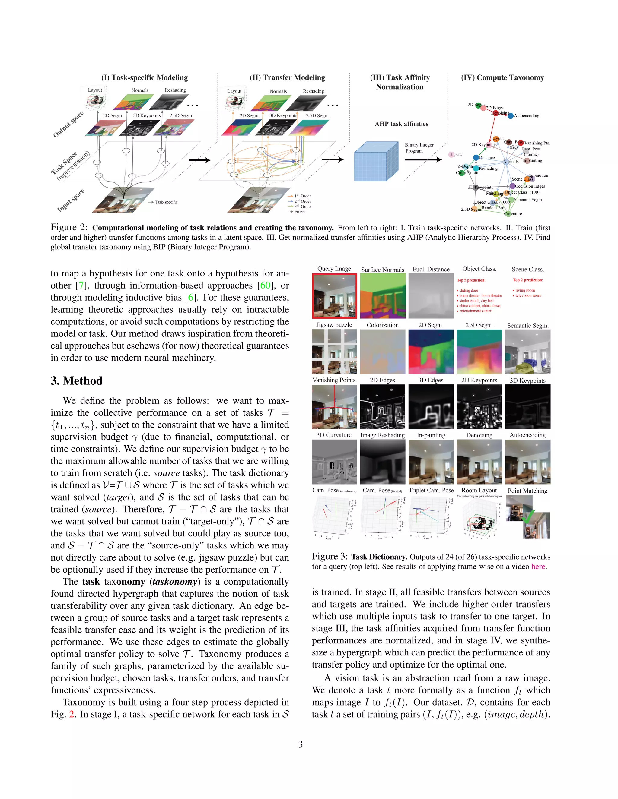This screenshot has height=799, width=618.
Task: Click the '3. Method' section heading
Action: click(x=77, y=381)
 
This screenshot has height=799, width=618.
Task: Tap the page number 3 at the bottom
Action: click(x=300, y=744)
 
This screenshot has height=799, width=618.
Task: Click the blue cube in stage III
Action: click(x=376, y=161)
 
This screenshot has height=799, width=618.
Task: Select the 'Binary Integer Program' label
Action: click(x=419, y=148)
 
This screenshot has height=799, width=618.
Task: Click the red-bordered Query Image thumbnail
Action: click(x=334, y=296)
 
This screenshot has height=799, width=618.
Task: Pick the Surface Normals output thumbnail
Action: click(x=383, y=296)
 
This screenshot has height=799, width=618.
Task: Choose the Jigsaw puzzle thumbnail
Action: click(x=334, y=352)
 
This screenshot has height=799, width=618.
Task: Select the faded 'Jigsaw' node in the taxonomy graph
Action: click(x=455, y=154)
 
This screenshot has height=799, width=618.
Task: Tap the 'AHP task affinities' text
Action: click(x=401, y=124)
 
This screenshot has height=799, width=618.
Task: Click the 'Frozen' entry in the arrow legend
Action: click(x=300, y=211)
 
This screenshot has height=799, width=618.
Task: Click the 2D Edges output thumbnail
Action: click(x=383, y=407)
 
